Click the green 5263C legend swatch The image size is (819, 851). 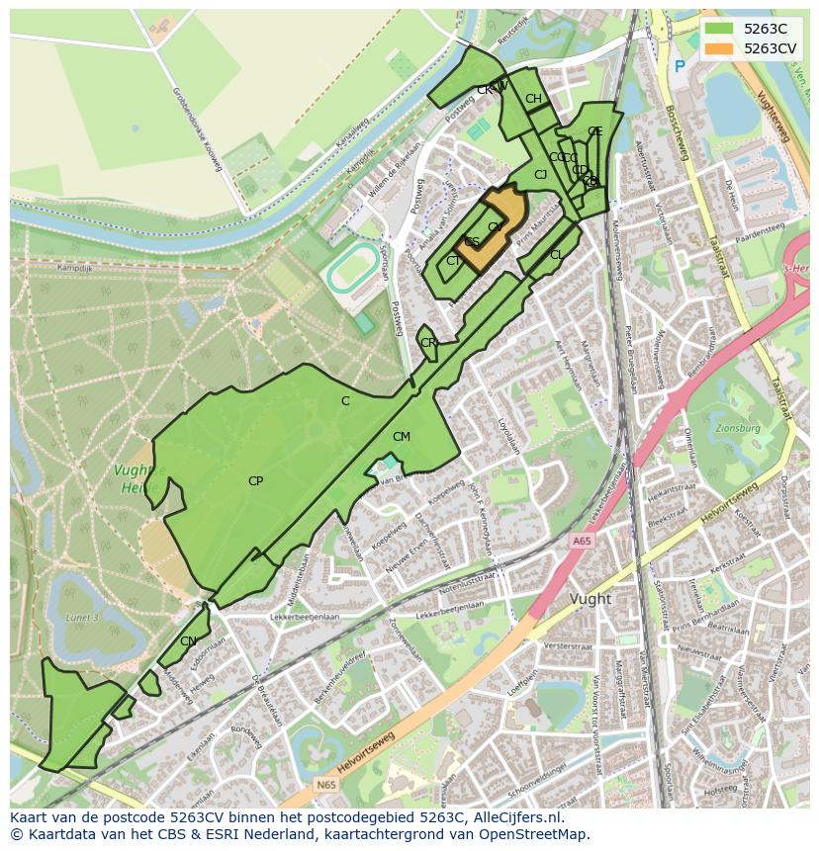coord(720,29)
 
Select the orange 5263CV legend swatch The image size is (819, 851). coord(720,48)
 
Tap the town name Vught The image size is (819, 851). coord(591,599)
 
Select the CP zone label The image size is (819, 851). coord(255,481)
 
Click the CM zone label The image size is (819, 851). coord(401,437)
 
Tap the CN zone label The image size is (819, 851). coord(188,641)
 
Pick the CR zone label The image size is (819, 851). coord(428,343)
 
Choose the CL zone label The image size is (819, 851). coord(557,255)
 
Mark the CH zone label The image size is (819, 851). coord(533,99)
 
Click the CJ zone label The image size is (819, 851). coord(540,175)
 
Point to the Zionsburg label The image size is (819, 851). coord(734,430)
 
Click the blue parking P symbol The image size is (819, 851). coord(679,66)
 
